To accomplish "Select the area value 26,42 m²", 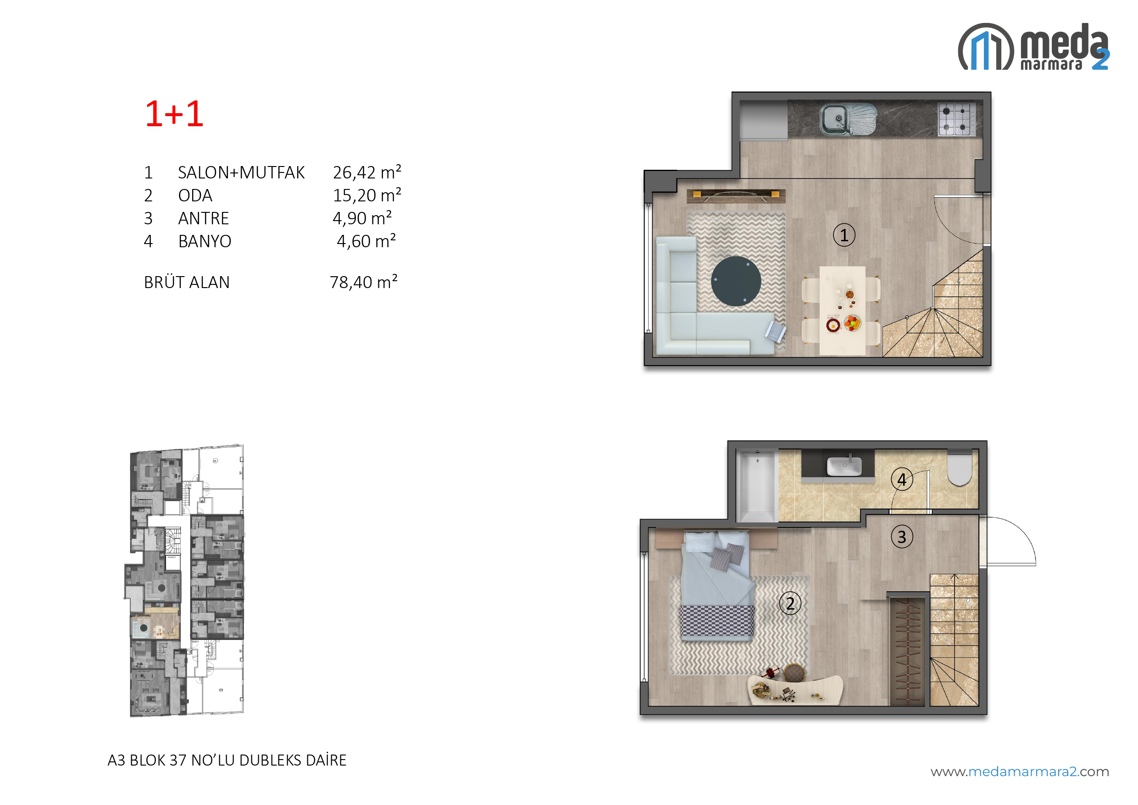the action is tap(367, 172).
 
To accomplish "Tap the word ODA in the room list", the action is tap(195, 195).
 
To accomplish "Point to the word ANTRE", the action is tap(203, 218).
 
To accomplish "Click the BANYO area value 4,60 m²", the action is tap(366, 241).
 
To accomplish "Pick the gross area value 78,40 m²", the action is tap(364, 282).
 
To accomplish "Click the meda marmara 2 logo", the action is tap(1033, 47).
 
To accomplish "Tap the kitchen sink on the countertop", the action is tap(848, 119).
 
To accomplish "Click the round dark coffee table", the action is tap(736, 281).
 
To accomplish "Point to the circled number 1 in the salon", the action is tap(844, 235).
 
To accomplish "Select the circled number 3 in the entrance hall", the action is tap(902, 537).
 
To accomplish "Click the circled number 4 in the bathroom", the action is tap(902, 479).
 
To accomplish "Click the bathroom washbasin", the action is tap(844, 466).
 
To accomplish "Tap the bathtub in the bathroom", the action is tap(757, 486).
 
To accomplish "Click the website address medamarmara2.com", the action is tap(1020, 772).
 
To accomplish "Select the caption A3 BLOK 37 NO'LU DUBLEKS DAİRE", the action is tap(227, 760).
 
